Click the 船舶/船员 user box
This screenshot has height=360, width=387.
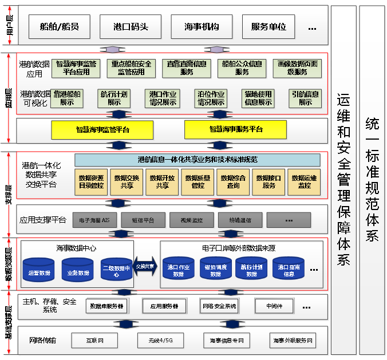(x=59, y=26)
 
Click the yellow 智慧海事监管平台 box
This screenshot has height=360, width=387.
(x=102, y=130)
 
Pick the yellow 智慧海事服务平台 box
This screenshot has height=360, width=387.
(x=235, y=130)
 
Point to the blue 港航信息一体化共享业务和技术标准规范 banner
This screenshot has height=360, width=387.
(x=198, y=160)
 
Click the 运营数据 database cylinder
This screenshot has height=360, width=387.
(x=39, y=271)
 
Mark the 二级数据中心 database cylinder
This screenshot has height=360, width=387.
(x=116, y=271)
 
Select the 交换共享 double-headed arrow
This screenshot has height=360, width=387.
(x=145, y=267)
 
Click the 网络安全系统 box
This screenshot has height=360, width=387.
(x=219, y=306)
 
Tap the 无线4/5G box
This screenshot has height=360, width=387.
(x=161, y=341)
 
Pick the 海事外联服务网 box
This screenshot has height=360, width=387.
(x=293, y=341)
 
